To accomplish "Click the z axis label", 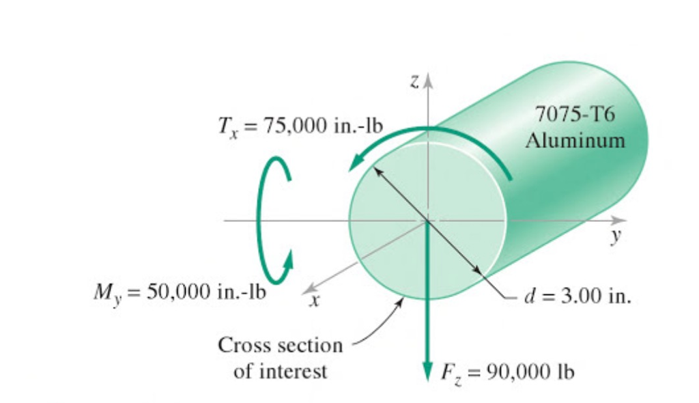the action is click(x=415, y=81).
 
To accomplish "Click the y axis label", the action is click(x=616, y=235).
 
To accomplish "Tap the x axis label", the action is click(x=315, y=301).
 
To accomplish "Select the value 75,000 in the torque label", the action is click(x=294, y=126).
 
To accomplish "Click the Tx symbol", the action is click(x=228, y=127).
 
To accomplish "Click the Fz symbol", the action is click(x=451, y=373).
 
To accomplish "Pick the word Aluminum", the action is click(x=575, y=141).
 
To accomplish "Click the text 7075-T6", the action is click(x=575, y=114).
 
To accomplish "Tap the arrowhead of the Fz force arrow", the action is click(x=427, y=371).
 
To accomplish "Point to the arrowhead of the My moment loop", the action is click(x=288, y=260).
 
